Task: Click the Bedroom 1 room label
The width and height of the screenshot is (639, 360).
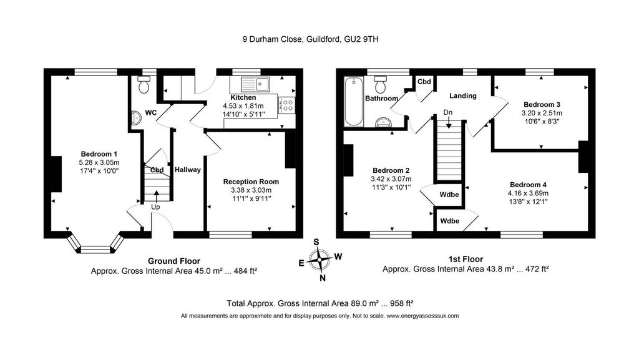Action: (x=99, y=154)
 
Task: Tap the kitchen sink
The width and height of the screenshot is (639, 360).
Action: (x=255, y=84)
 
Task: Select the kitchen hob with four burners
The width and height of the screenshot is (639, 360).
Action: (x=287, y=105)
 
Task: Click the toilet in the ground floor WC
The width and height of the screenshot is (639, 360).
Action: (x=144, y=84)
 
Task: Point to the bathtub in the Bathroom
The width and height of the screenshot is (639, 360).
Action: (x=354, y=102)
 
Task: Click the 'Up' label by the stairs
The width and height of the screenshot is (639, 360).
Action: (x=155, y=207)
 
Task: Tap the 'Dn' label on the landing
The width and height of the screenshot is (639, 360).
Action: (x=448, y=112)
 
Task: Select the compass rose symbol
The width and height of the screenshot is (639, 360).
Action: (x=320, y=260)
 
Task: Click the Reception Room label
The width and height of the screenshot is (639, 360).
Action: (x=251, y=182)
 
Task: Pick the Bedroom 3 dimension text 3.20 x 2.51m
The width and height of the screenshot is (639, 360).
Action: (x=542, y=113)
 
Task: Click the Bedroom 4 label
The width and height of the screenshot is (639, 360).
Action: (x=528, y=185)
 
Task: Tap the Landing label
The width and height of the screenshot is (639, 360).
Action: (x=463, y=95)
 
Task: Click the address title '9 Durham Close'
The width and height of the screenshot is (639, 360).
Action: (x=272, y=39)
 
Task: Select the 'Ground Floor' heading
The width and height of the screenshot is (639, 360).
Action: (x=174, y=261)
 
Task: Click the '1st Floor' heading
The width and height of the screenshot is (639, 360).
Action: (x=466, y=259)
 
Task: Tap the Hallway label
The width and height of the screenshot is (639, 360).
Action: (x=187, y=170)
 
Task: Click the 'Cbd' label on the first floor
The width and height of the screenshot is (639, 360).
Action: (x=424, y=82)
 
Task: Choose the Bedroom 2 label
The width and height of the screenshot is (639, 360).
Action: (x=391, y=170)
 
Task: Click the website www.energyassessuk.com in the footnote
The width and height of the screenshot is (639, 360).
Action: (x=422, y=316)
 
